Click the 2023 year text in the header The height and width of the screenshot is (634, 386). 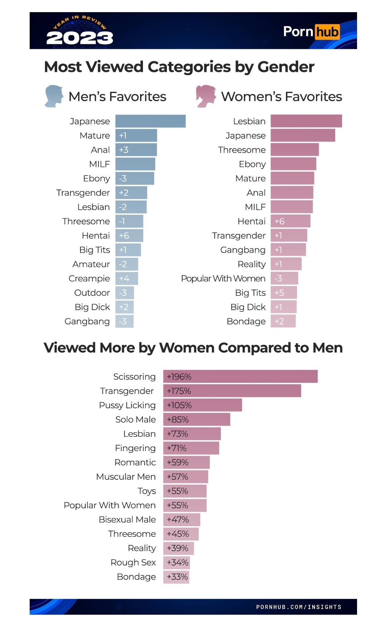coord(80,38)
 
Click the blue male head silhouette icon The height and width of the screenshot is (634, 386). coord(54,96)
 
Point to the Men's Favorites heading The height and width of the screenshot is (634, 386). coord(117,96)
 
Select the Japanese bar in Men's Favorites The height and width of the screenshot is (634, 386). coord(150,121)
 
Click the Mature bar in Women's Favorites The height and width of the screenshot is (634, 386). coord(292,178)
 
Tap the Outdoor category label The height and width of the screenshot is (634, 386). coord(92,293)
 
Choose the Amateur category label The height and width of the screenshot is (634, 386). coord(91,264)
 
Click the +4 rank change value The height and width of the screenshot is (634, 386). coord(124,278)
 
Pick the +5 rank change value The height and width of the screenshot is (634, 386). coord(279,293)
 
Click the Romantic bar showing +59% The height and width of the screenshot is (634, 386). coord(186,462)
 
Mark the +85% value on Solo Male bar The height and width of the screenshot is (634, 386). coord(178,419)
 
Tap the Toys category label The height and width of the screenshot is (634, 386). coord(147,491)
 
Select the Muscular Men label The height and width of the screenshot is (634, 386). coord(126,476)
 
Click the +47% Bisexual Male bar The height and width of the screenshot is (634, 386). coord(182,519)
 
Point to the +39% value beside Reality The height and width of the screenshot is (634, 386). coord(178,548)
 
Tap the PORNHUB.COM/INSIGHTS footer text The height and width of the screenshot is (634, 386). coord(299,607)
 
